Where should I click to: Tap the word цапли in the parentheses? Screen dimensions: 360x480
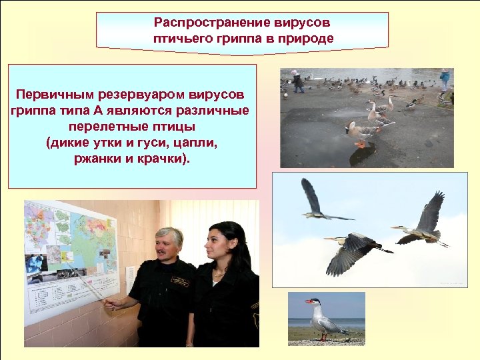(198, 143)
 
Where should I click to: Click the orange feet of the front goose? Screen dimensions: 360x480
(360, 144)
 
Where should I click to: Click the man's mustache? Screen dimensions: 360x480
(167, 251)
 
